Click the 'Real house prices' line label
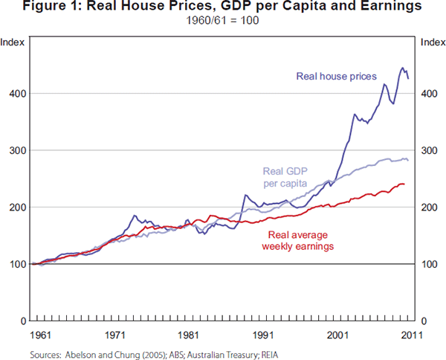pos(337,76)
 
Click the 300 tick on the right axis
pos(429,150)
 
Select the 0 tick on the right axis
pos(424,321)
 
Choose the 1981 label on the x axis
pos(188,335)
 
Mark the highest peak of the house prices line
pos(402,68)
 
